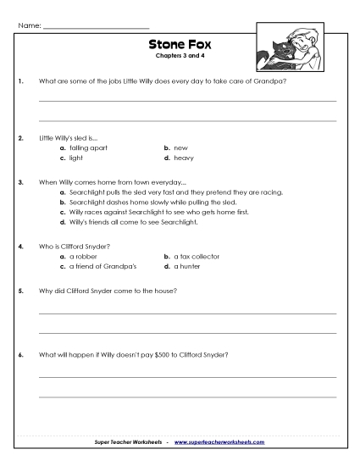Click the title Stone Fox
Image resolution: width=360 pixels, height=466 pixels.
point(178,47)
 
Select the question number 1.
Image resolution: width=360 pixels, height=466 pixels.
point(19,81)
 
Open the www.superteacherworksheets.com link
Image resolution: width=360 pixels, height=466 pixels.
point(219,442)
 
